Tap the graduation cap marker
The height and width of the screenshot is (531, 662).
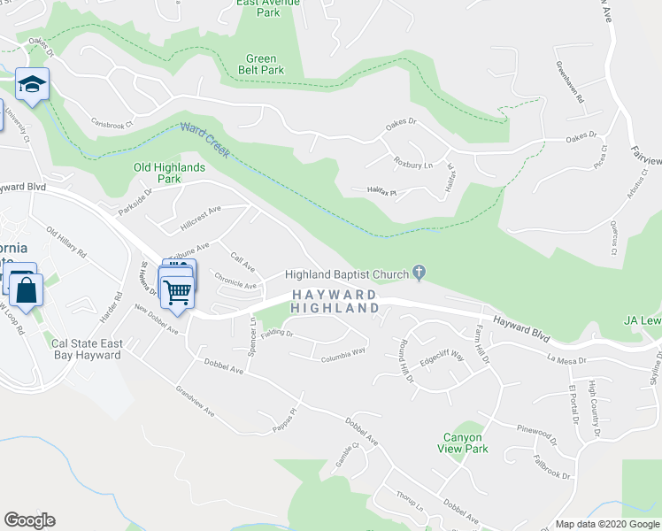tap(32, 85)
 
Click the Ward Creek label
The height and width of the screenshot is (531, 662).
tap(204, 140)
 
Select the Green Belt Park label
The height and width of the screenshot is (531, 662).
tap(265, 64)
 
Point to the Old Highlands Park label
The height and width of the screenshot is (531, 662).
tap(169, 173)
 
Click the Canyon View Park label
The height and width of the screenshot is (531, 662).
tap(462, 442)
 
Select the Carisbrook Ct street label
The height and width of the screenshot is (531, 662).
tap(111, 122)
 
